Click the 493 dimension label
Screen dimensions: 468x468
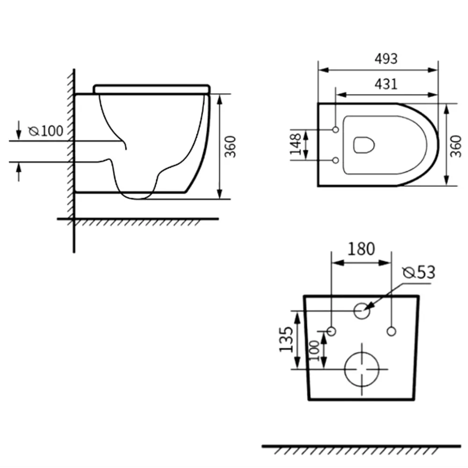tap(386, 59)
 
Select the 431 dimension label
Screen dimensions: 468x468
tap(386, 84)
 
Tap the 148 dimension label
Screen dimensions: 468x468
tap(295, 144)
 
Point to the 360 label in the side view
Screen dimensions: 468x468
tap(230, 146)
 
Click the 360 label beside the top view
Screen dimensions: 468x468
tap(455, 146)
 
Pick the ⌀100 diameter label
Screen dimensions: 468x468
tap(46, 131)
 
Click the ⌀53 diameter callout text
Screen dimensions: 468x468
tap(419, 272)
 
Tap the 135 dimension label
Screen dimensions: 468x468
tap(286, 339)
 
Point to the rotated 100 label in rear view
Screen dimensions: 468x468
tap(314, 351)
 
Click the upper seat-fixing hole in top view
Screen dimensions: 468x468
tap(336, 130)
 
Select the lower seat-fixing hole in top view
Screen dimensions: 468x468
tap(336, 160)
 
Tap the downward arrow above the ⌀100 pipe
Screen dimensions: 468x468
tap(19, 130)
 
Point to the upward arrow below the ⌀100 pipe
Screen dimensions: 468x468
tap(19, 172)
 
